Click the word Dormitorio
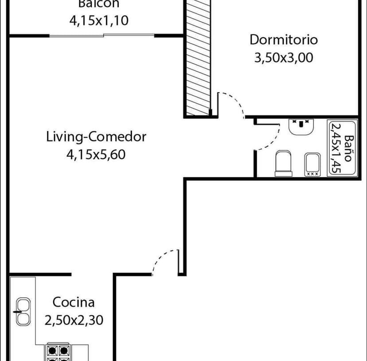pos(284,39)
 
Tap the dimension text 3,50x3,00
pos(284,58)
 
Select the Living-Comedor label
pos(96,137)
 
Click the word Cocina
pos(74,302)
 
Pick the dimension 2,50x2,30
pos(74,320)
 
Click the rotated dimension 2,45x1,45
pos(336,149)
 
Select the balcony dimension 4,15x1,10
pos(99,20)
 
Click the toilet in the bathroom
pos(284,164)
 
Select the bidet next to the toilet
pos(312,165)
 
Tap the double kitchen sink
pos(23,312)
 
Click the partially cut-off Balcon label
pos(99,4)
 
